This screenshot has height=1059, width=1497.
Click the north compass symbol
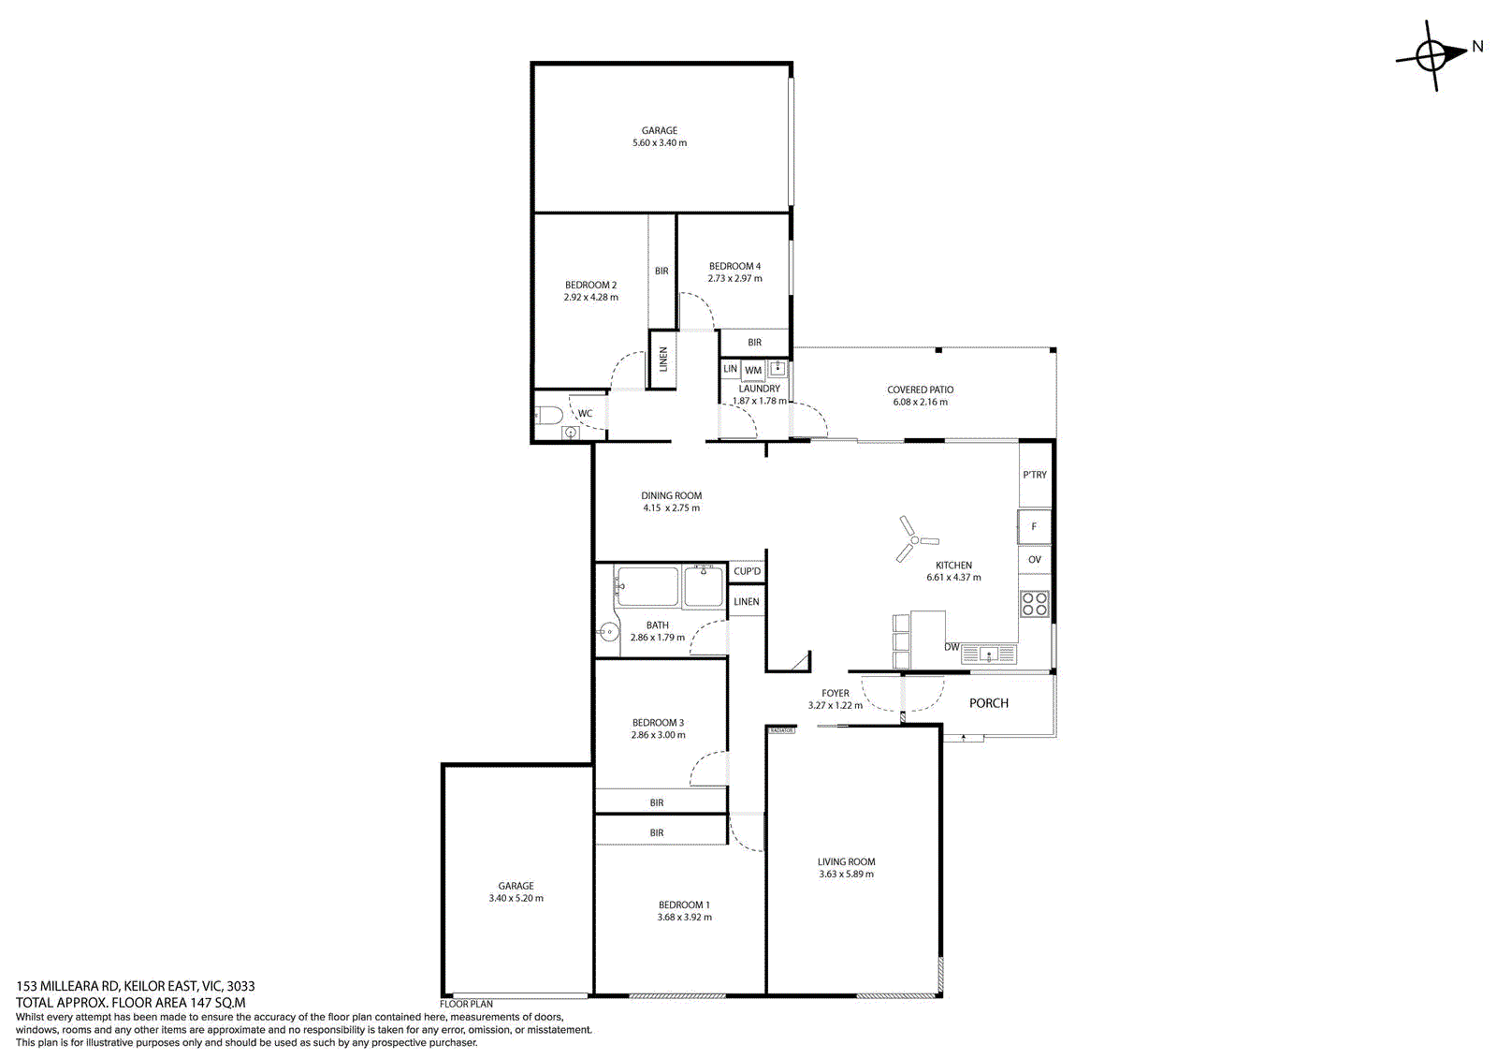[1431, 55]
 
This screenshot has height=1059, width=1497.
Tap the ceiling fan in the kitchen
[915, 539]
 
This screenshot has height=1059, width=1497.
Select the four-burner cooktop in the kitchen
[1035, 603]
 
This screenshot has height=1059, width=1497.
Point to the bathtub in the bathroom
[647, 587]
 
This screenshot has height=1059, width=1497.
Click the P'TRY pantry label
[1035, 475]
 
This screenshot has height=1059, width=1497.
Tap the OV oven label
[1035, 559]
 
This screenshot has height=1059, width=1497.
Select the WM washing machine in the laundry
[753, 371]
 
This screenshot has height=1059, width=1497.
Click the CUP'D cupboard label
[747, 570]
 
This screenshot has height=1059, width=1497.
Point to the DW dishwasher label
[952, 647]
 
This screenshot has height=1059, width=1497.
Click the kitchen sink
[989, 654]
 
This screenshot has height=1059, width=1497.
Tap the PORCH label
[988, 702]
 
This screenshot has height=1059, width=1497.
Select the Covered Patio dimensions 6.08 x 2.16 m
[920, 402]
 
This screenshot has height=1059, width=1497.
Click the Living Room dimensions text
[846, 874]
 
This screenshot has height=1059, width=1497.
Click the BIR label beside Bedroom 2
[661, 271]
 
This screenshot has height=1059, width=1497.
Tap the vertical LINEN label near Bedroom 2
[663, 360]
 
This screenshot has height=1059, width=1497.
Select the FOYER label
[836, 693]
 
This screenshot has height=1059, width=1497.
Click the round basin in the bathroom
[607, 631]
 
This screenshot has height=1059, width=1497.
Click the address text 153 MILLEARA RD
[67, 986]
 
